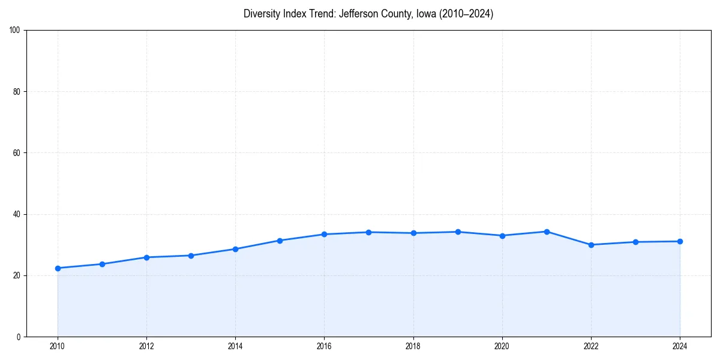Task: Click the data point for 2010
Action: pos(58,268)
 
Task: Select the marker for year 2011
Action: pos(102,264)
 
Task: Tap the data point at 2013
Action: pos(191,256)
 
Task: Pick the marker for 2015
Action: pos(280,241)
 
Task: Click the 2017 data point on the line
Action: pos(368,232)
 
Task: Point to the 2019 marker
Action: pos(458,232)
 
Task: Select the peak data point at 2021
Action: pos(547,232)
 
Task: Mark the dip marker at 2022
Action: pos(591,245)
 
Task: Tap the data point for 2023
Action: pos(635,242)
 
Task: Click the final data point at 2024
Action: pos(680,241)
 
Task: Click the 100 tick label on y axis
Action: pos(16,31)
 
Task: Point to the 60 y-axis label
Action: pos(17,153)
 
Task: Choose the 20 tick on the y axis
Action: pos(17,275)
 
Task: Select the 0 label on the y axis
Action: pos(19,337)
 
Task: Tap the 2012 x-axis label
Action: pos(146,346)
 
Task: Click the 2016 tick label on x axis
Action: pos(324,346)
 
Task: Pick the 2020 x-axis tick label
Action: pos(502,346)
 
